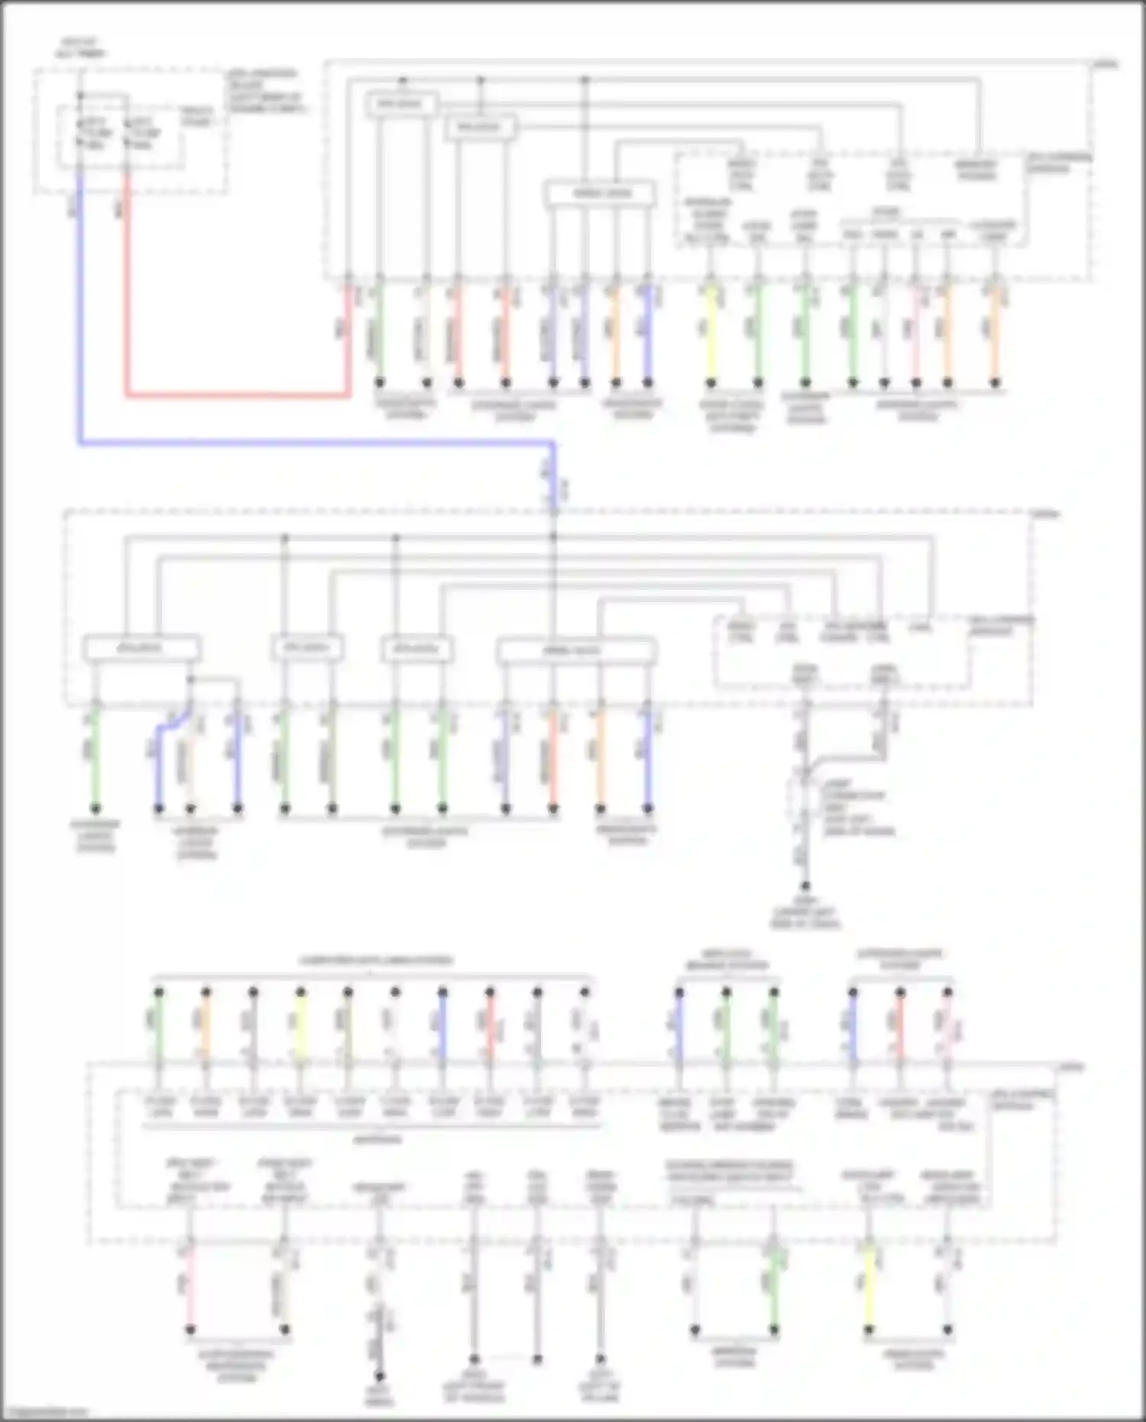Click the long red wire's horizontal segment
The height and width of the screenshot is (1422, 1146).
point(237,396)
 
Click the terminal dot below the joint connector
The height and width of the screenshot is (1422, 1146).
point(804,886)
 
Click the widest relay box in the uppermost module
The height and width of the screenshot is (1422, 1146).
point(601,193)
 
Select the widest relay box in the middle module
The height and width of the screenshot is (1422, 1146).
point(575,650)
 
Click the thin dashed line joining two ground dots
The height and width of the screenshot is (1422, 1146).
point(505,1359)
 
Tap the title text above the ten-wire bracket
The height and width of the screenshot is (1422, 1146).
point(375,960)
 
